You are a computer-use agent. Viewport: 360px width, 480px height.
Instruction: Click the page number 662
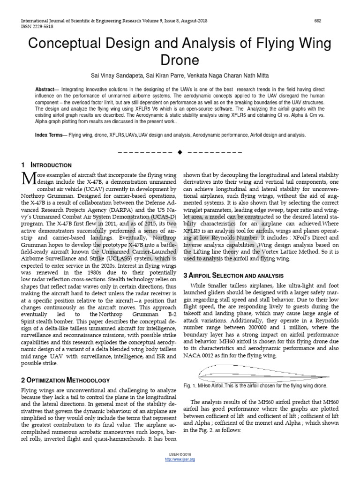pyautogui.click(x=317, y=21)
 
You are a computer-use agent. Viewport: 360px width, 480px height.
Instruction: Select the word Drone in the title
pyautogui.click(x=180, y=60)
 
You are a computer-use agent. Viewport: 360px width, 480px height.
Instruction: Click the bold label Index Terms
pyautogui.click(x=49, y=135)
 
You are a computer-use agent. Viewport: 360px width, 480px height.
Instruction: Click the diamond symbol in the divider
pyautogui.click(x=180, y=153)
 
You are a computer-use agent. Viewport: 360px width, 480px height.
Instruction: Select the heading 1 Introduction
pyautogui.click(x=46, y=165)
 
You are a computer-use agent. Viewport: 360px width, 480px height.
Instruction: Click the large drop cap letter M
pyautogui.click(x=29, y=179)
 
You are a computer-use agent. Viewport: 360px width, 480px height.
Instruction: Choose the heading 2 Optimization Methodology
pyautogui.click(x=65, y=380)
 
